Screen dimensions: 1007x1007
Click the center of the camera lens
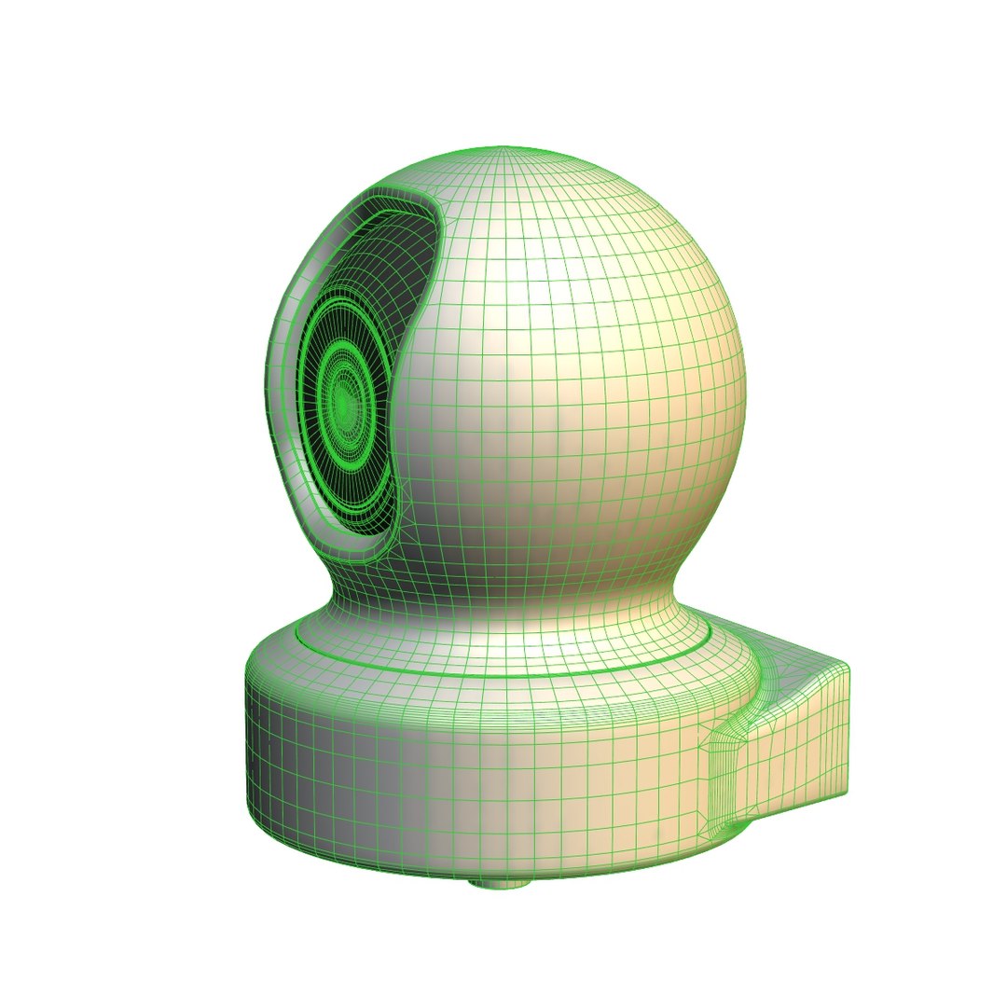(x=343, y=402)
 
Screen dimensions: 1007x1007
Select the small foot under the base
(x=499, y=882)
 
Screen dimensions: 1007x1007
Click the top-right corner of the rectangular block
(x=847, y=668)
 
